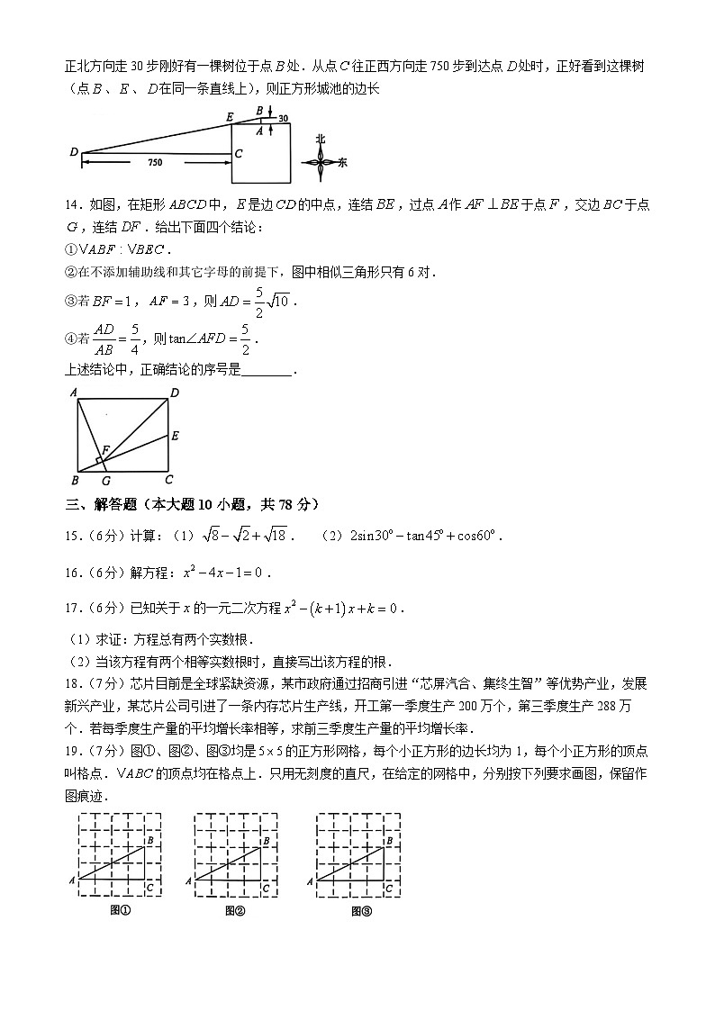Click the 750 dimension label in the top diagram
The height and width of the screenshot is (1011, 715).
(154, 162)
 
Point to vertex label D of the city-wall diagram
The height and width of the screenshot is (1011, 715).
(74, 152)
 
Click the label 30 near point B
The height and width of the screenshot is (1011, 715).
(283, 118)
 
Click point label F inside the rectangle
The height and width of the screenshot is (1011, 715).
(106, 448)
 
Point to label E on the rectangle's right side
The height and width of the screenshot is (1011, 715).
(175, 436)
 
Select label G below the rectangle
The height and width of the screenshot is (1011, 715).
(107, 481)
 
